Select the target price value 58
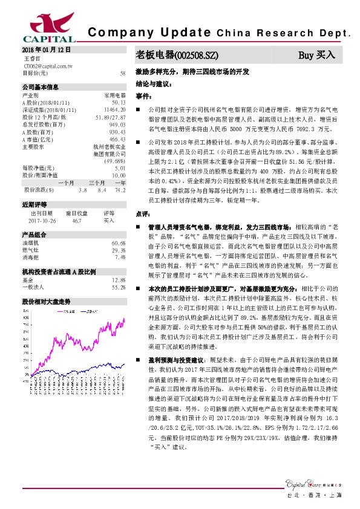coord(123,73)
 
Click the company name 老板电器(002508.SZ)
coord(175,56)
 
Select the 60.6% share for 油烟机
coord(118,243)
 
